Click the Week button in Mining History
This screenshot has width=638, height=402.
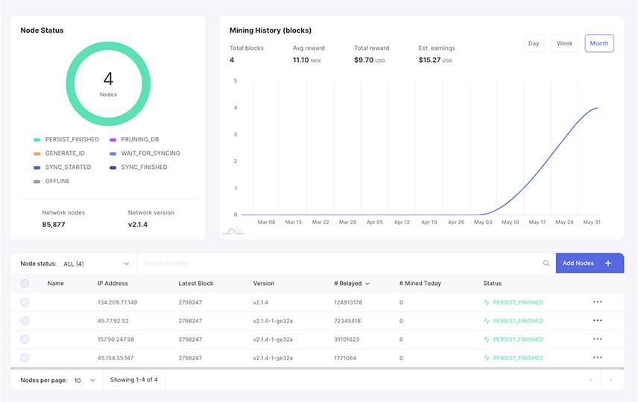564,43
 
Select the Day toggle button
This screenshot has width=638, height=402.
534,43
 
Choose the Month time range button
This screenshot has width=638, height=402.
599,43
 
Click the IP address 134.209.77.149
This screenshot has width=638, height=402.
117,302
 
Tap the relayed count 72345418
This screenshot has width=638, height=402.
347,321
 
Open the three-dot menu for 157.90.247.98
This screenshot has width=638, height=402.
597,339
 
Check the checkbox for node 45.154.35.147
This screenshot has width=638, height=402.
25,357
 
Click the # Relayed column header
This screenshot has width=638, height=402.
351,284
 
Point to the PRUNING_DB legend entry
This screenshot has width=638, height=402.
139,139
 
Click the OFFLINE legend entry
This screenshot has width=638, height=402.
57,181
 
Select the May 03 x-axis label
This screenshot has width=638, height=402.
483,222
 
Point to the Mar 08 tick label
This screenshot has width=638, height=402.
266,222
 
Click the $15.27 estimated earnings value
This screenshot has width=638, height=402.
429,60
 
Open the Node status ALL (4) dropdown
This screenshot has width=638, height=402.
95,264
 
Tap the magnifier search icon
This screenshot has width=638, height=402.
546,264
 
